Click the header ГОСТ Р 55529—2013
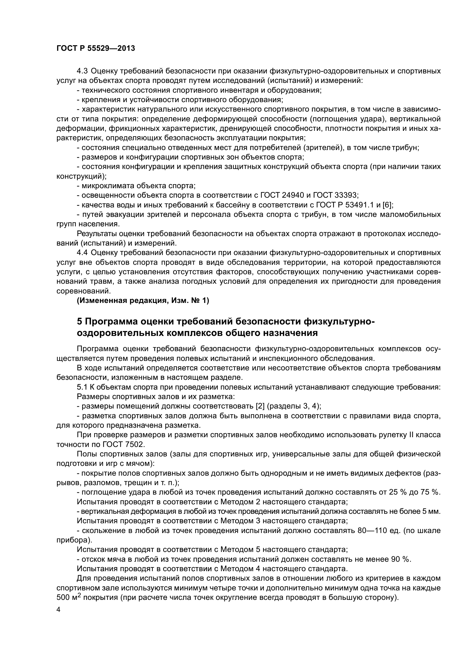point(96,48)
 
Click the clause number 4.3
point(82,71)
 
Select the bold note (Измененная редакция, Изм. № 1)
point(143,301)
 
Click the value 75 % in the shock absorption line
point(430,493)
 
